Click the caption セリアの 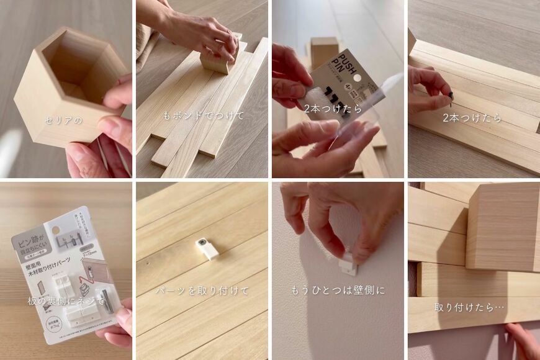click(64, 120)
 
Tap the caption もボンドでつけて click(203, 115)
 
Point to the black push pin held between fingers click(451, 96)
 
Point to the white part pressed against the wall click(347, 264)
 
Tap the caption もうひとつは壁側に click(338, 290)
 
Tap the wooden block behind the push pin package click(325, 50)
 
